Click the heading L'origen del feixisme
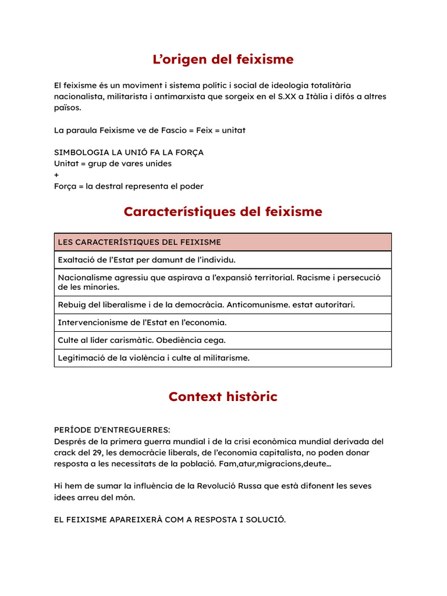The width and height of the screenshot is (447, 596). [223, 59]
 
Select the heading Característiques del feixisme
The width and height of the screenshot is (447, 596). [223, 212]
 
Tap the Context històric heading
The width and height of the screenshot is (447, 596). [223, 397]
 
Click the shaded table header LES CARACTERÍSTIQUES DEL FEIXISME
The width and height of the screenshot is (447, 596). [139, 242]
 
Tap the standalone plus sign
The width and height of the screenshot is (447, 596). [56, 175]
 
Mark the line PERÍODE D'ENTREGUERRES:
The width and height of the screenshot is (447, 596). [112, 430]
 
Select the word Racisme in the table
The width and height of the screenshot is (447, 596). [315, 278]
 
